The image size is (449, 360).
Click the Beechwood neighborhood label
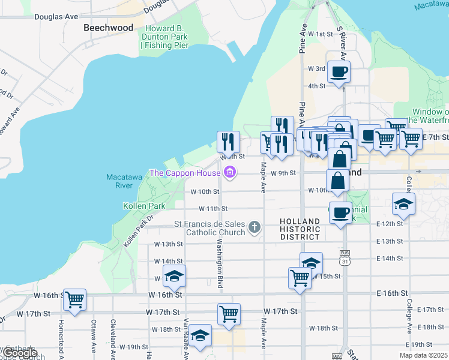click(109, 28)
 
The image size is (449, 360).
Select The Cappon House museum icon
click(228, 173)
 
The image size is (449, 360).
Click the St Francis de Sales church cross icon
click(255, 227)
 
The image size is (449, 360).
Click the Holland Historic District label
click(304, 229)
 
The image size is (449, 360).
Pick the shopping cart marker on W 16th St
click(74, 299)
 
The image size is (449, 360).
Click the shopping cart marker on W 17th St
click(229, 313)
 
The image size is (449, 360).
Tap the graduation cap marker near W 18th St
click(200, 335)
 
